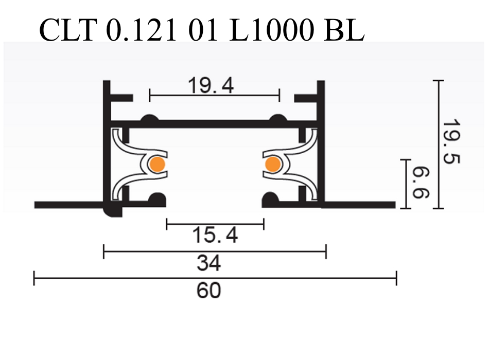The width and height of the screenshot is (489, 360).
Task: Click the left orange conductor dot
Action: (x=157, y=165)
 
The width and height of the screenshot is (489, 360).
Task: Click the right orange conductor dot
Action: (x=272, y=165)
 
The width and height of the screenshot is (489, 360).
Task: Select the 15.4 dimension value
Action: (x=215, y=236)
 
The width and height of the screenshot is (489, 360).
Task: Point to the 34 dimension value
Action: (x=208, y=263)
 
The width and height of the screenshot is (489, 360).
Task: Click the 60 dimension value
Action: (x=208, y=291)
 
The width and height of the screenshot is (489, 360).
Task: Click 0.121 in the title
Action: (x=141, y=31)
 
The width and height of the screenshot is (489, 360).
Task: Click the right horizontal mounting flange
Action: (x=360, y=205)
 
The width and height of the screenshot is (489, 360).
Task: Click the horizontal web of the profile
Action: (x=214, y=124)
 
